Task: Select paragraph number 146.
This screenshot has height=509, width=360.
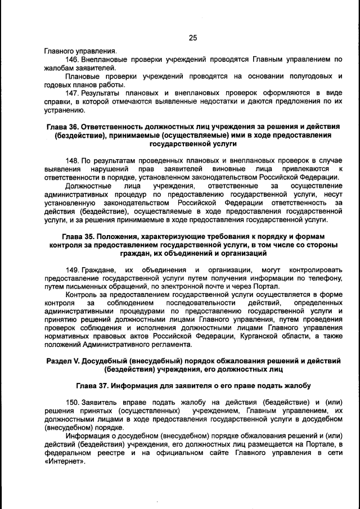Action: [x=71, y=59]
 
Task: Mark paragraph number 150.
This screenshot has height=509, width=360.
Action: [x=71, y=403]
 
